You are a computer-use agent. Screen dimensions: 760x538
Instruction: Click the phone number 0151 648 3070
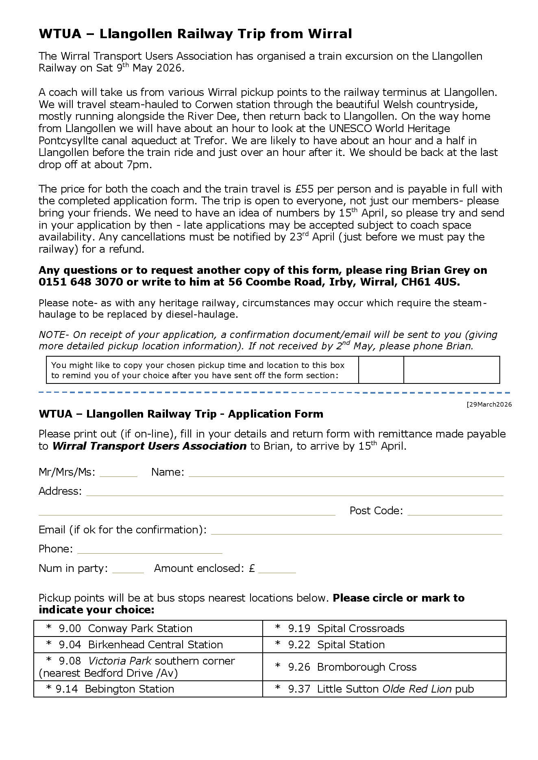click(x=81, y=282)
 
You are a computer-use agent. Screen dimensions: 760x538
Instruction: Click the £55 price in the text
click(x=304, y=189)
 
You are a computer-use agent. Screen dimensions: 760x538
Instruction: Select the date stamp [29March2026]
click(x=489, y=404)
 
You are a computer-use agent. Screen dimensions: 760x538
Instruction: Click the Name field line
click(x=346, y=474)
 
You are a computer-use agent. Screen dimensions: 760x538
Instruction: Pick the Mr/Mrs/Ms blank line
click(x=118, y=474)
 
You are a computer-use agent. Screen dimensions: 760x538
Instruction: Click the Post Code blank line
click(x=454, y=512)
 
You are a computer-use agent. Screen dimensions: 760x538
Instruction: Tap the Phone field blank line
click(x=150, y=551)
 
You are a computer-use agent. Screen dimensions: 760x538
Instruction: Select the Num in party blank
click(x=128, y=570)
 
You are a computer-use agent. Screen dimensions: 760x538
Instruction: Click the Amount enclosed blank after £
click(x=277, y=570)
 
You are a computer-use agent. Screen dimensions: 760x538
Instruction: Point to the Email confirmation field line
click(x=356, y=532)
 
